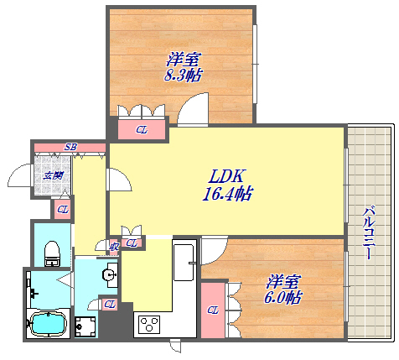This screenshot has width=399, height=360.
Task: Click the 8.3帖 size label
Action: point(183,75)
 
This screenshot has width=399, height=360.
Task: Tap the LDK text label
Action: point(227,176)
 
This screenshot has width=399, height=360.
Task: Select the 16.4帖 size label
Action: point(227,194)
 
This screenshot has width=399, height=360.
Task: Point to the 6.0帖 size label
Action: point(282,298)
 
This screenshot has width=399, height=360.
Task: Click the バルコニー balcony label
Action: point(369,232)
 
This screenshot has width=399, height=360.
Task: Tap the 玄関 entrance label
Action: point(53,176)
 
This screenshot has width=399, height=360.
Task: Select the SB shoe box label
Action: point(70,147)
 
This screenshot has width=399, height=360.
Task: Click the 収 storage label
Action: point(114,247)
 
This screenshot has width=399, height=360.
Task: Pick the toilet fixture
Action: point(52,253)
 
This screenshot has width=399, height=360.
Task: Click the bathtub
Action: point(49,323)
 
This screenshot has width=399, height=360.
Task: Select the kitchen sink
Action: point(184,262)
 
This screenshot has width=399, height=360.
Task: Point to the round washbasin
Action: point(109,275)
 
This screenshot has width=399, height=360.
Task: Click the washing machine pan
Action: point(85,326)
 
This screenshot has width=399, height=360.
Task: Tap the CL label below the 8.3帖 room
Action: point(142,130)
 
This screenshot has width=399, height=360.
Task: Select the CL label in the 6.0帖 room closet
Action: point(213,310)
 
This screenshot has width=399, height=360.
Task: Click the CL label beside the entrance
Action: point(63,209)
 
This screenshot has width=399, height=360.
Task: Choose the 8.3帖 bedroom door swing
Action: point(193,109)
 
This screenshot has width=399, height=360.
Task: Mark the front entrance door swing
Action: point(20,175)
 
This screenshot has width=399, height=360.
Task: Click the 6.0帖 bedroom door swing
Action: point(215,251)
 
